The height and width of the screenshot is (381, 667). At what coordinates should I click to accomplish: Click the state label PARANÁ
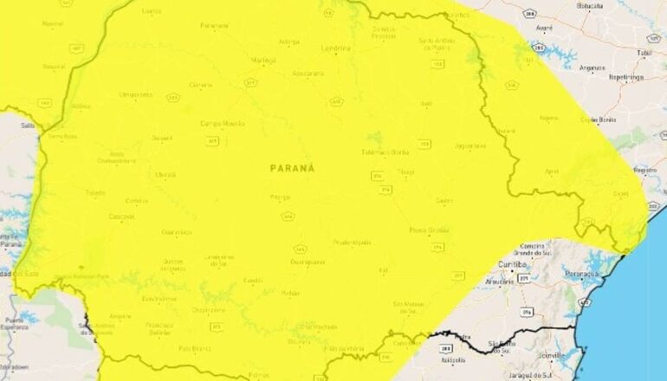pos(292,168)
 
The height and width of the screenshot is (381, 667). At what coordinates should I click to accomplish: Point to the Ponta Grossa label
pos(429,230)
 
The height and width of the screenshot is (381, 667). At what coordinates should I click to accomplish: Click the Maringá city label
pos(262,60)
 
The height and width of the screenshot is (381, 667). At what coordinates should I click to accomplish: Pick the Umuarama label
pos(134,94)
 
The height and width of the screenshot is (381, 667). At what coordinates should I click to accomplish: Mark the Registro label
pos(644,170)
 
